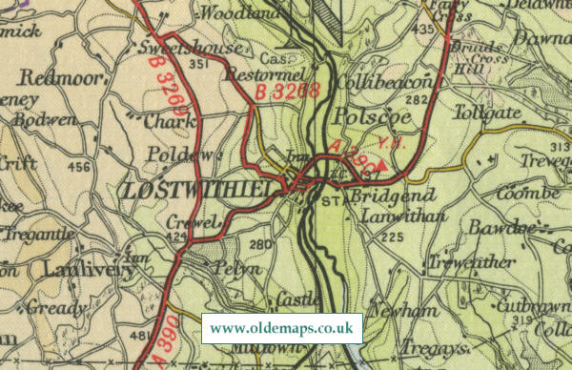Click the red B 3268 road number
pyautogui.click(x=286, y=92)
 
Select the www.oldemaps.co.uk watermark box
pyautogui.click(x=282, y=329)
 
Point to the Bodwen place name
pyautogui.click(x=48, y=119)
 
